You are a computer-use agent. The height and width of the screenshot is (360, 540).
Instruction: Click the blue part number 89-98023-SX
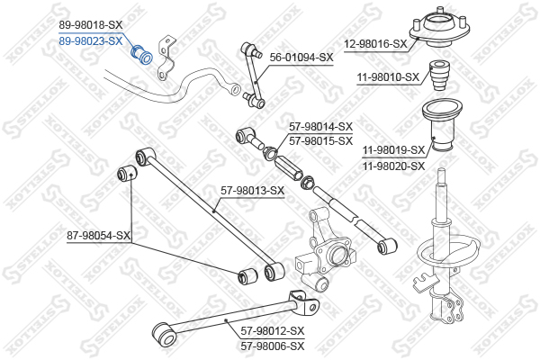[91, 41]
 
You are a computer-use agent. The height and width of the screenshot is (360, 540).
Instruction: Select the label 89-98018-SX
[91, 25]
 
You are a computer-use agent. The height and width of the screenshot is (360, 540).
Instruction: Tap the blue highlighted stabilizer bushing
[141, 54]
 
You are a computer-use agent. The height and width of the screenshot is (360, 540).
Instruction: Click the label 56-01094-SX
[301, 58]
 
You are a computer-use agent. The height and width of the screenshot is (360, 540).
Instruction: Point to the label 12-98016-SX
[375, 44]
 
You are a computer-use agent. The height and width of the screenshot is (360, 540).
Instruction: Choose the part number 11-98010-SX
[388, 77]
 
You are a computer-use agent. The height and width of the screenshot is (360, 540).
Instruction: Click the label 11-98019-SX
[394, 150]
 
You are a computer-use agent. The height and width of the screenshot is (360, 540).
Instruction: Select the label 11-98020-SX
[394, 166]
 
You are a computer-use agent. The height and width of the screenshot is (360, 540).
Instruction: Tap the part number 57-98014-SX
[321, 127]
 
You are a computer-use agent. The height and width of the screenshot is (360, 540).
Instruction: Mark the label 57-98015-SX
[321, 141]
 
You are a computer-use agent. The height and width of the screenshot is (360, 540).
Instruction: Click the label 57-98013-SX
[252, 191]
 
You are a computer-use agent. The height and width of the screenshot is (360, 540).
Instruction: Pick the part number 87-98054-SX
[98, 236]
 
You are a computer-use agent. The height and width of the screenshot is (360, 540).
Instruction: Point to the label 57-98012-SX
[273, 331]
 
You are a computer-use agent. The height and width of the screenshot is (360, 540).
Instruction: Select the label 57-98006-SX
[273, 346]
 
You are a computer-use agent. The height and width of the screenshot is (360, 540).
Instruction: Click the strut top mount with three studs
[439, 28]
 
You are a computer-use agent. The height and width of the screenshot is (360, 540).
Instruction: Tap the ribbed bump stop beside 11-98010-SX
[440, 76]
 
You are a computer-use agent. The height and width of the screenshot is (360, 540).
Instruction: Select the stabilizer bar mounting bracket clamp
[166, 58]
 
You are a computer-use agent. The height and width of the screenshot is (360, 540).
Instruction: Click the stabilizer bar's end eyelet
[236, 89]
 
